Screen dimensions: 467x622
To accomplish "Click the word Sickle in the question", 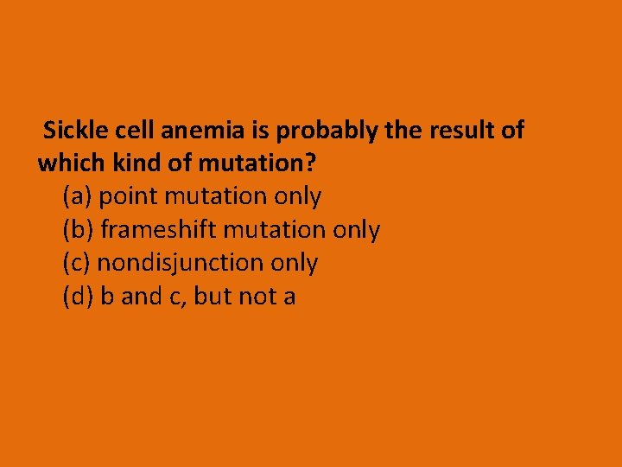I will coord(72,131).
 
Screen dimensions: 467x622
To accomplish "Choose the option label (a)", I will coord(78,196).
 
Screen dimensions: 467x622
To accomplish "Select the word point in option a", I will coord(129,197).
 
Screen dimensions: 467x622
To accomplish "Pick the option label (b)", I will coord(79,230).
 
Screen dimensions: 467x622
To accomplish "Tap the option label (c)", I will coord(77,263).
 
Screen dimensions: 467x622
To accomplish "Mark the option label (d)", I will coord(79,297).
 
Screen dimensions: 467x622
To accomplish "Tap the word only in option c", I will coord(295,263).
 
